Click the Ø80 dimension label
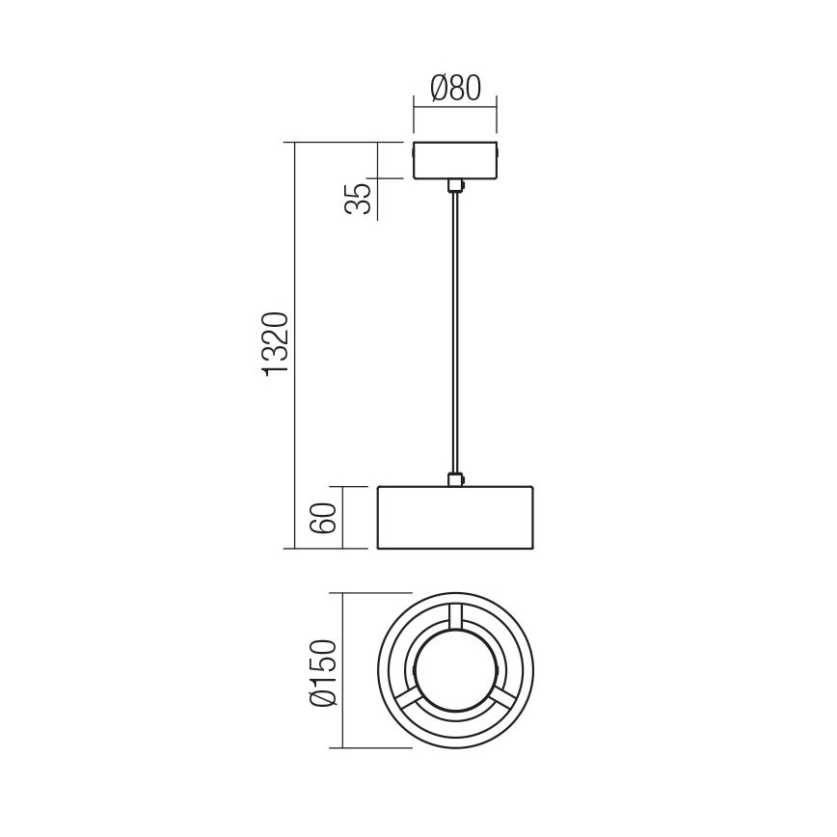pos(454,89)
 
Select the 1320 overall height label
pos(278,343)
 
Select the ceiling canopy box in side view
pos(454,161)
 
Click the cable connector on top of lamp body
pos(454,478)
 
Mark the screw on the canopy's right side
pos(498,151)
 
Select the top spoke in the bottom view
pos(454,618)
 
